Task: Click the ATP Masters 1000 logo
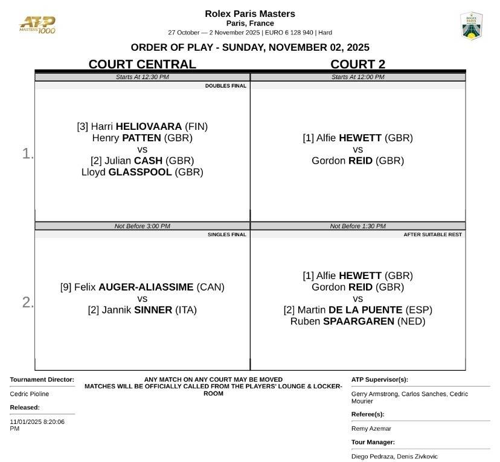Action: point(37,25)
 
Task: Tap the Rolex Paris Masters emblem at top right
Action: point(471,26)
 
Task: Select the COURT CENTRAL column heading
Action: point(142,64)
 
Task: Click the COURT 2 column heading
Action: point(357,64)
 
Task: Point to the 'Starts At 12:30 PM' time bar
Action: point(142,77)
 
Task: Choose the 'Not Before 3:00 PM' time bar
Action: point(142,226)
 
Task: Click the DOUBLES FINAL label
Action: point(225,86)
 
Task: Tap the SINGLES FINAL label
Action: point(226,234)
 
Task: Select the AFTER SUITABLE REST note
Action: point(432,234)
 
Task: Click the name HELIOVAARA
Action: point(149,127)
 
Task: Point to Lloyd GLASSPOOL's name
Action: point(142,172)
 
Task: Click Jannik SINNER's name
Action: point(142,310)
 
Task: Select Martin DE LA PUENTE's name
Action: point(357,310)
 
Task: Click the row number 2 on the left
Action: point(27,303)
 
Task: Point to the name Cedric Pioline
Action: point(30,394)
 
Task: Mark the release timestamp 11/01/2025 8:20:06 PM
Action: point(37,425)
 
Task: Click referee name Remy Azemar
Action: point(371,429)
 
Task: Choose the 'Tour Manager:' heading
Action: point(373,442)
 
